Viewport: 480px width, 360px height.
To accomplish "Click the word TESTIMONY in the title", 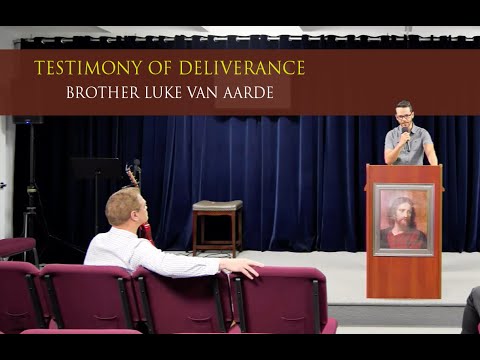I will click(x=79, y=68).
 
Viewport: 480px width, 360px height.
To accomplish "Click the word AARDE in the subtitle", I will click(x=256, y=92).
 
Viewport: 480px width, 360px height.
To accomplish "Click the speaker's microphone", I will click(x=405, y=133).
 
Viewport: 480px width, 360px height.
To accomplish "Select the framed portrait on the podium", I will click(x=403, y=219).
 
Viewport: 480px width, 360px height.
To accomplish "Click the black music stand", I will click(x=95, y=168).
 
